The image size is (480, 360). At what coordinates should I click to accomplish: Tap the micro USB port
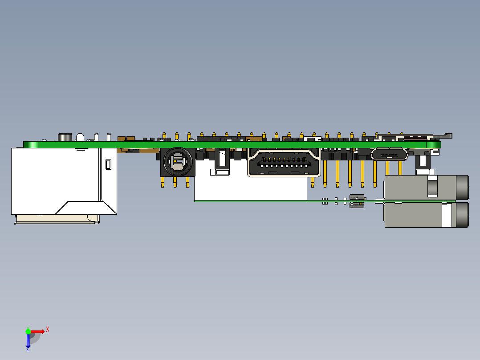point(389,155)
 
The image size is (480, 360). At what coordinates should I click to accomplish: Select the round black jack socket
point(177,162)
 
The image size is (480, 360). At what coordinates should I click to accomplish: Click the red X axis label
point(48,329)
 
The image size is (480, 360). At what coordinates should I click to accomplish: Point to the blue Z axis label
point(28,349)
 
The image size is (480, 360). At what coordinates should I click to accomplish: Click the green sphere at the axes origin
point(28,331)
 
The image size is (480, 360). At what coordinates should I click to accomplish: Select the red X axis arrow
point(38,331)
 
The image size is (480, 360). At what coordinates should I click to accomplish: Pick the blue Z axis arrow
point(28,341)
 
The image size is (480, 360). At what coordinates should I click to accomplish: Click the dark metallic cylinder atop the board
point(65,137)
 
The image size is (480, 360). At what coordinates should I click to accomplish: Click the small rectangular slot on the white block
point(107,165)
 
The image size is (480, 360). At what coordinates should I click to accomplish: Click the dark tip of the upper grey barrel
point(462,188)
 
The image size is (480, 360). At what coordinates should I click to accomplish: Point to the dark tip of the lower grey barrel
point(462,215)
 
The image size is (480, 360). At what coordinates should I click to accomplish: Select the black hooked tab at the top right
point(447,135)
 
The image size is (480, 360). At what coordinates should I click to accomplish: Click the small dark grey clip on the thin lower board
point(357,200)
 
